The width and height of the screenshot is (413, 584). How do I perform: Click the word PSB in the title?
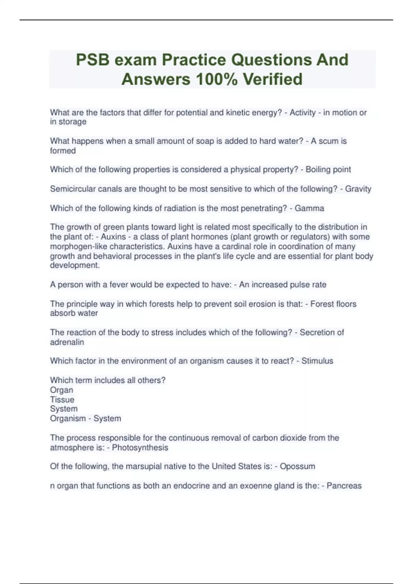93,60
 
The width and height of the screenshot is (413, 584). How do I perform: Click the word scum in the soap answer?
328,141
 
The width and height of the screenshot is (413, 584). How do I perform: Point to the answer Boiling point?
328,170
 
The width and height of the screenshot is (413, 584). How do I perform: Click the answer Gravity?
358,189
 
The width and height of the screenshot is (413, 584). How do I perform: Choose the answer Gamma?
309,209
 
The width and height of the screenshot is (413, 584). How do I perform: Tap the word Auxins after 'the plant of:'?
113,237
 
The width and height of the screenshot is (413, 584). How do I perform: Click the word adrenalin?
67,342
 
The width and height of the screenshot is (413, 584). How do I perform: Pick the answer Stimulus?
317,361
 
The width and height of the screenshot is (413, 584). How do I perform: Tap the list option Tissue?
62,400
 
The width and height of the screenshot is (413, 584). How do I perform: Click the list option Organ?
62,390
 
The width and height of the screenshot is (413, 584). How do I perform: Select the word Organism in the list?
68,419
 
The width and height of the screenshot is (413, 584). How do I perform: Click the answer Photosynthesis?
140,448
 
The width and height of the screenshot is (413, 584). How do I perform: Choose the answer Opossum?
297,467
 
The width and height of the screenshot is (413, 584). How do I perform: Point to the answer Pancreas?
344,486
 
